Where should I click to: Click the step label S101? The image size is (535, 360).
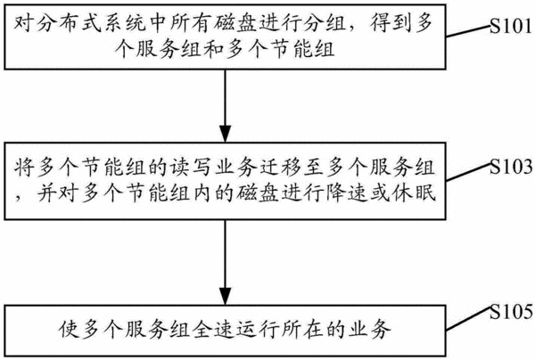[x=511, y=26]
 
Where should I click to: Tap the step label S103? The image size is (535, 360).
[x=511, y=167]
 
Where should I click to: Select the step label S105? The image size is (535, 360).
[x=511, y=312]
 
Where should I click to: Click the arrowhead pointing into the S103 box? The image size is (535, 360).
[x=225, y=134]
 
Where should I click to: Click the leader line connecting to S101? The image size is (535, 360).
[x=468, y=31]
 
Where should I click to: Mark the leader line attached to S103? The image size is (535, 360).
[x=468, y=172]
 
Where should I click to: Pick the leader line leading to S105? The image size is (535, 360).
[x=468, y=319]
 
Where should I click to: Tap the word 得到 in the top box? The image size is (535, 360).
[x=394, y=24]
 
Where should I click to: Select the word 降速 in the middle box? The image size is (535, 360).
[x=346, y=193]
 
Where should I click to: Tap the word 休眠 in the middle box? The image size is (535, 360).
[x=414, y=193]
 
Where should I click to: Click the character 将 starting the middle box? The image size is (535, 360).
[x=25, y=167]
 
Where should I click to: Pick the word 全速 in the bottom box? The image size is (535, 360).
[x=213, y=330]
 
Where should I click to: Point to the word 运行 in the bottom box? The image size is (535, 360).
[x=258, y=330]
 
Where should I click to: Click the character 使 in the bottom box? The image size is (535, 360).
[x=69, y=330]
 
